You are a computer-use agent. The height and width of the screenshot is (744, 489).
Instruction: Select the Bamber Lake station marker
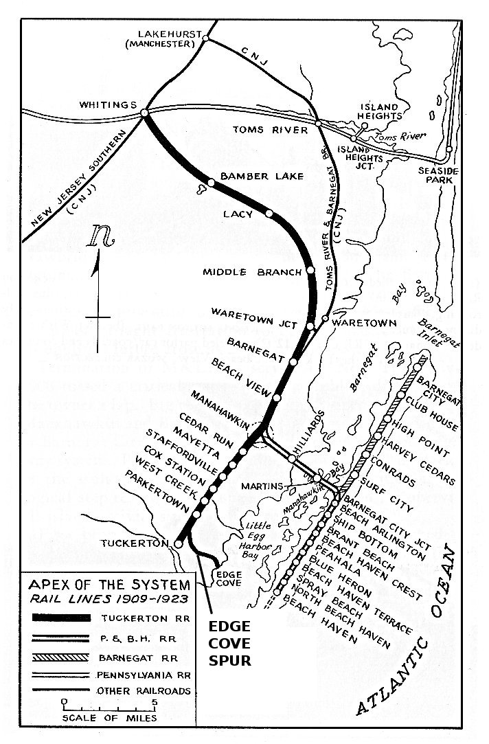[212, 182]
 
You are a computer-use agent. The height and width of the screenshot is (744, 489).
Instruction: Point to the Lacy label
[238, 214]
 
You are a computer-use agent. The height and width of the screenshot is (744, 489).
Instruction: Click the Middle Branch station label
[251, 272]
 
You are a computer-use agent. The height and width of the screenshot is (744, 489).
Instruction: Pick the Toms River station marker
[318, 123]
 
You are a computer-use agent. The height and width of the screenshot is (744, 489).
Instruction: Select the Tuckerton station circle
[179, 543]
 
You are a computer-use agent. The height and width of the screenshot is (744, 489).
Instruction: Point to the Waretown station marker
[325, 320]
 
